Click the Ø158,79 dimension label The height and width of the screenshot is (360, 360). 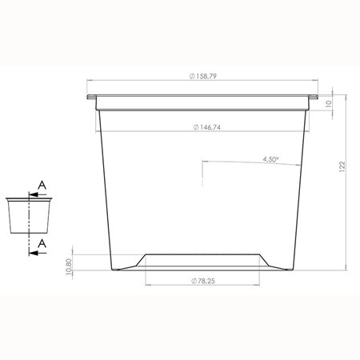click(x=203, y=76)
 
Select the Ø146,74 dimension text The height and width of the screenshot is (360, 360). click(x=207, y=127)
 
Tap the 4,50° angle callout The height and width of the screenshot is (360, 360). click(x=271, y=159)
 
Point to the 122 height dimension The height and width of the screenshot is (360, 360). click(x=342, y=166)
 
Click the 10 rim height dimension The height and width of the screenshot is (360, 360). click(x=329, y=103)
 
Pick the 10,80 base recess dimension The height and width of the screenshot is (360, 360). click(x=68, y=266)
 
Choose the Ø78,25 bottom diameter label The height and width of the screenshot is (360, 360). click(x=203, y=281)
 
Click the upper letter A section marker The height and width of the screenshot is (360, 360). click(x=42, y=185)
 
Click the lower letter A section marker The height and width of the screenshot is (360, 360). click(x=42, y=243)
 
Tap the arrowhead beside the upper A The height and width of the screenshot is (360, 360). click(x=33, y=194)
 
